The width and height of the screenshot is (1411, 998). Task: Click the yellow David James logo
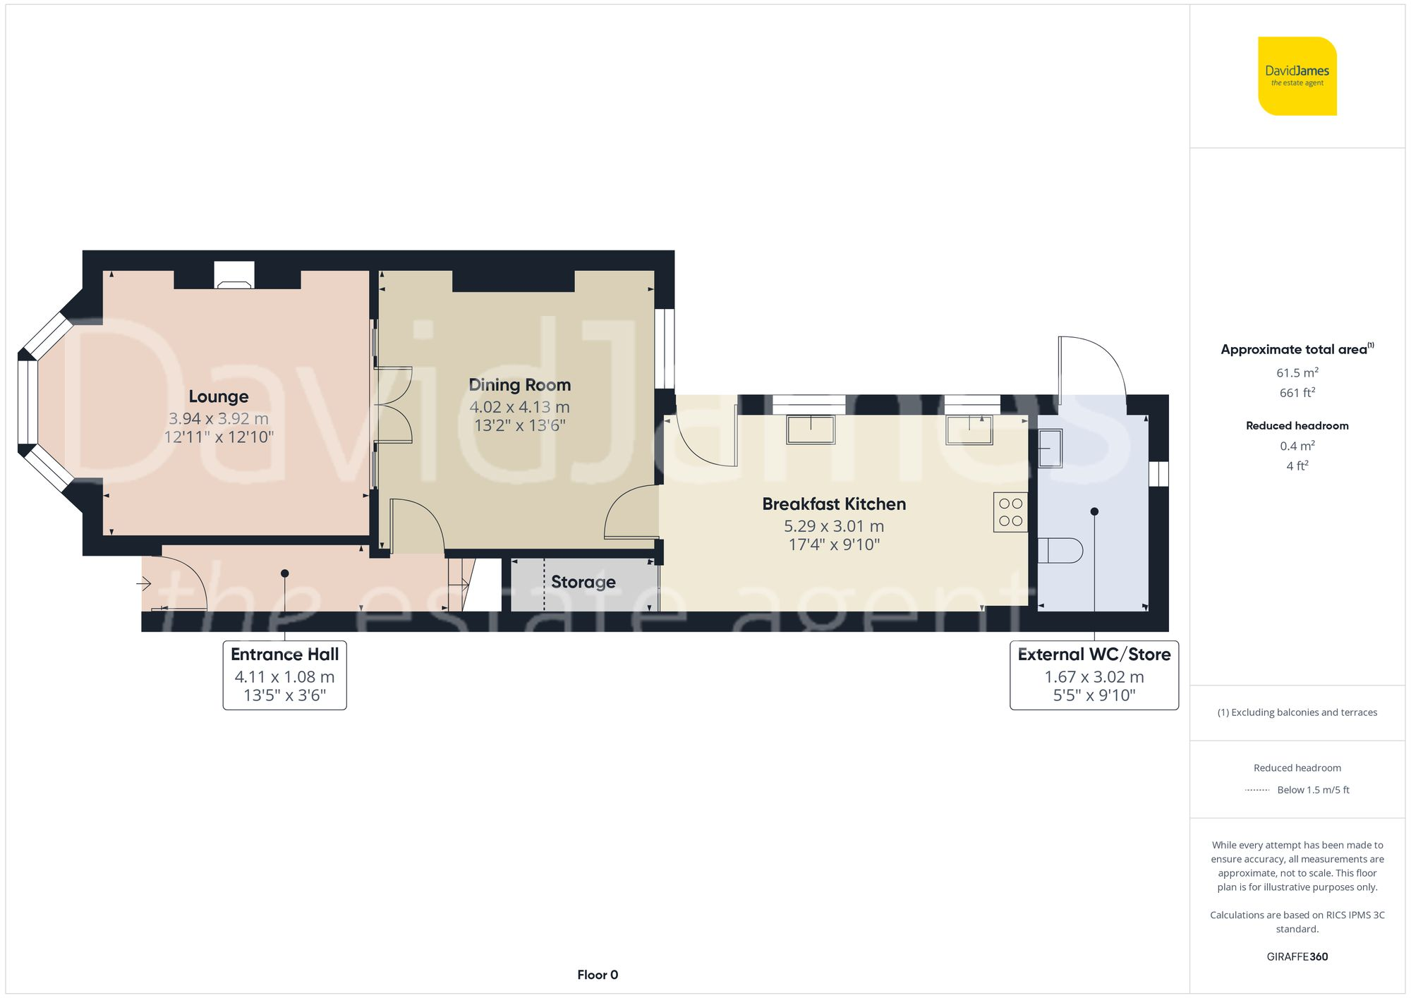pyautogui.click(x=1297, y=76)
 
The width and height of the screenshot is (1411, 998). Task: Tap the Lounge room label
pyautogui.click(x=218, y=396)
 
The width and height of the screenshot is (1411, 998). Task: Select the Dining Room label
pyautogui.click(x=519, y=385)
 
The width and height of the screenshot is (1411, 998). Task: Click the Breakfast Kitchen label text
pyautogui.click(x=833, y=504)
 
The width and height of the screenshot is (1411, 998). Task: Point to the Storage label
pyautogui.click(x=583, y=582)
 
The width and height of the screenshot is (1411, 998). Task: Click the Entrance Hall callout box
pyautogui.click(x=284, y=674)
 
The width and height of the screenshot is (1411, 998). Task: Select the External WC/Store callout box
pyautogui.click(x=1094, y=674)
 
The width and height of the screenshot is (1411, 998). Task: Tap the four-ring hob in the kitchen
pyautogui.click(x=1010, y=512)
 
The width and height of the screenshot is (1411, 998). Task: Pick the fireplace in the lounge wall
pyautogui.click(x=234, y=276)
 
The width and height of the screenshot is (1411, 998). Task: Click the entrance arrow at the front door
pyautogui.click(x=144, y=583)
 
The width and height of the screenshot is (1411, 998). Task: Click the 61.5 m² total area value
pyautogui.click(x=1297, y=372)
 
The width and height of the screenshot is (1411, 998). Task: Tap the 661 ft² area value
pyautogui.click(x=1297, y=393)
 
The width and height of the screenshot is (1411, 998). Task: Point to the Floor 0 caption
pyautogui.click(x=597, y=975)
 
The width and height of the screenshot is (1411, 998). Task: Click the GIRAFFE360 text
pyautogui.click(x=1297, y=957)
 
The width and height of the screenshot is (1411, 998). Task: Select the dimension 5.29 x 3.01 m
pyautogui.click(x=833, y=526)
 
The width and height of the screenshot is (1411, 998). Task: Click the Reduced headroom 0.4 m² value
pyautogui.click(x=1297, y=446)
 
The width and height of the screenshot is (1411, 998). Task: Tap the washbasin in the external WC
pyautogui.click(x=1050, y=449)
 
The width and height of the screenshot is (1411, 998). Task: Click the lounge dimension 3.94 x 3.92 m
pyautogui.click(x=218, y=418)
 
